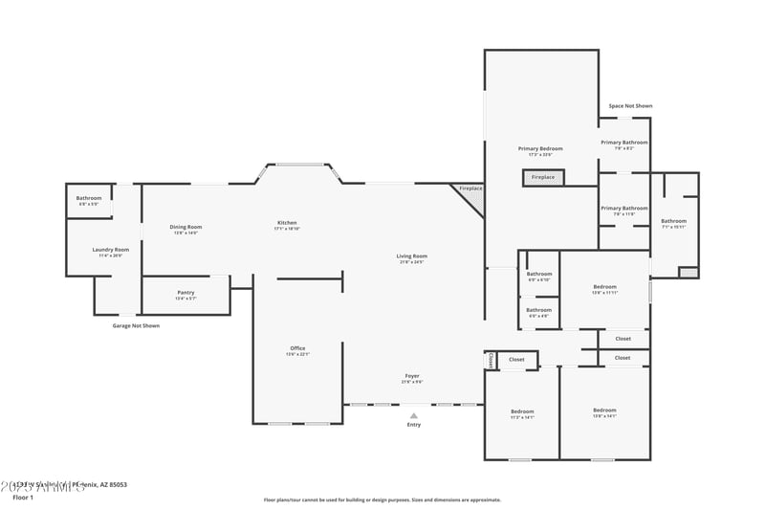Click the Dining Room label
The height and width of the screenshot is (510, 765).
click(x=186, y=227)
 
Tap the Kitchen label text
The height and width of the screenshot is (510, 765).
click(x=286, y=223)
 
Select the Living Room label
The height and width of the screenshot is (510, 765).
click(x=412, y=255)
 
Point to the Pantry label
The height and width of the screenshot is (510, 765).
click(x=186, y=293)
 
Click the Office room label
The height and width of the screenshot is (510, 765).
click(x=297, y=348)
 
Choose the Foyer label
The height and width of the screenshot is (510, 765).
click(x=412, y=376)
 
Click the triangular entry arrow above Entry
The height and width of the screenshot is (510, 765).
click(x=413, y=415)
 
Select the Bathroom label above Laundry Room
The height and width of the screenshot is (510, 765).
click(x=88, y=198)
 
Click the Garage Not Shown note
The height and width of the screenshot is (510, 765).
click(x=136, y=325)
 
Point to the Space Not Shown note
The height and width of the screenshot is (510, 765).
click(x=630, y=106)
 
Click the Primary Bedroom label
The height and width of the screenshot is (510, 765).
click(x=540, y=148)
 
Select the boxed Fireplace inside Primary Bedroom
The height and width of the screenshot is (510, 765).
click(x=543, y=177)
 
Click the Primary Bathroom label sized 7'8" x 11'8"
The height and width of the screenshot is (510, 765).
click(x=623, y=209)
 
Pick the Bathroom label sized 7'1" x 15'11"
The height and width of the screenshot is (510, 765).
click(x=673, y=221)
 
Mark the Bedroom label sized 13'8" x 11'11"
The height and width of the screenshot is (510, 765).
click(x=604, y=287)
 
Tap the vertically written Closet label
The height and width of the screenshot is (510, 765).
click(x=491, y=361)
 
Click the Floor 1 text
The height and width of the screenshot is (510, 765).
click(x=22, y=498)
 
